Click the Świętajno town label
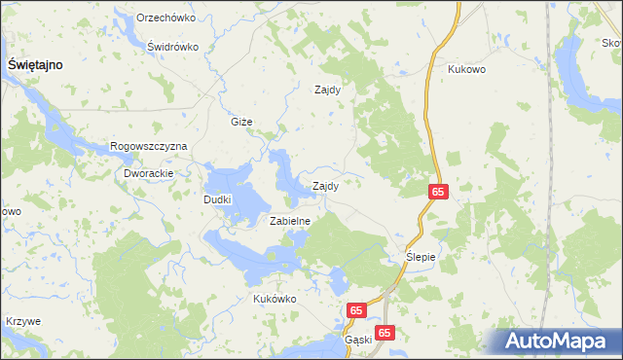(x=36, y=63)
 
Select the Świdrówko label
(x=172, y=47)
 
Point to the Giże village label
(x=241, y=122)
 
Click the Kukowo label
(x=466, y=70)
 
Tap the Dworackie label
(x=148, y=173)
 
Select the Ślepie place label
(x=422, y=257)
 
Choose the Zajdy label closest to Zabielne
(x=325, y=186)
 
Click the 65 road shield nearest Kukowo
(x=437, y=193)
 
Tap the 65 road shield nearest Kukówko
(x=356, y=310)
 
